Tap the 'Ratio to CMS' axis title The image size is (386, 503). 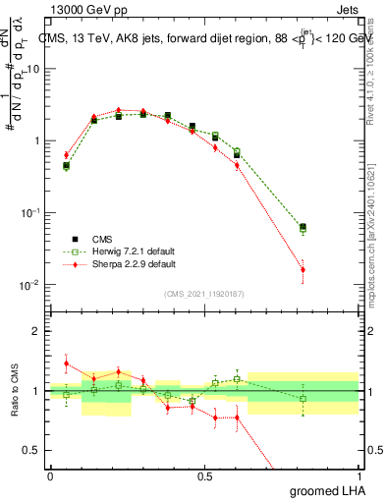15,391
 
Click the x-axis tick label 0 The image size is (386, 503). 50,475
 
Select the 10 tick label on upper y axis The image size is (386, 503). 33,69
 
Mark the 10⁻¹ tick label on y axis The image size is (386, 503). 30,213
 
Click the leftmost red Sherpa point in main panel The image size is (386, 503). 66,155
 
